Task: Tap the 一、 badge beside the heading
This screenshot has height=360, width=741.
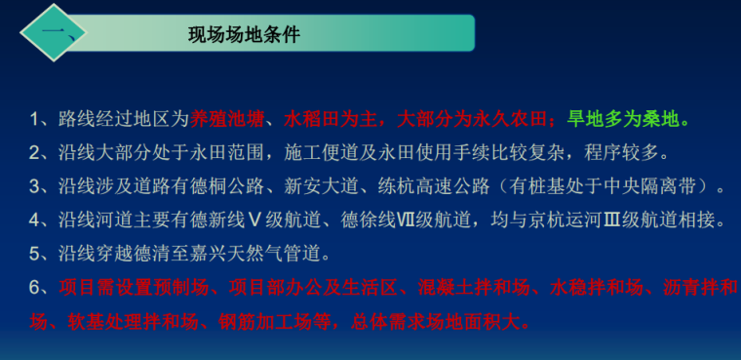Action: pos(56,36)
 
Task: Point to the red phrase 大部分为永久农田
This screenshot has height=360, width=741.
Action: pos(469,120)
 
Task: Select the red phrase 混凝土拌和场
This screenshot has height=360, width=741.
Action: pos(462,287)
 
